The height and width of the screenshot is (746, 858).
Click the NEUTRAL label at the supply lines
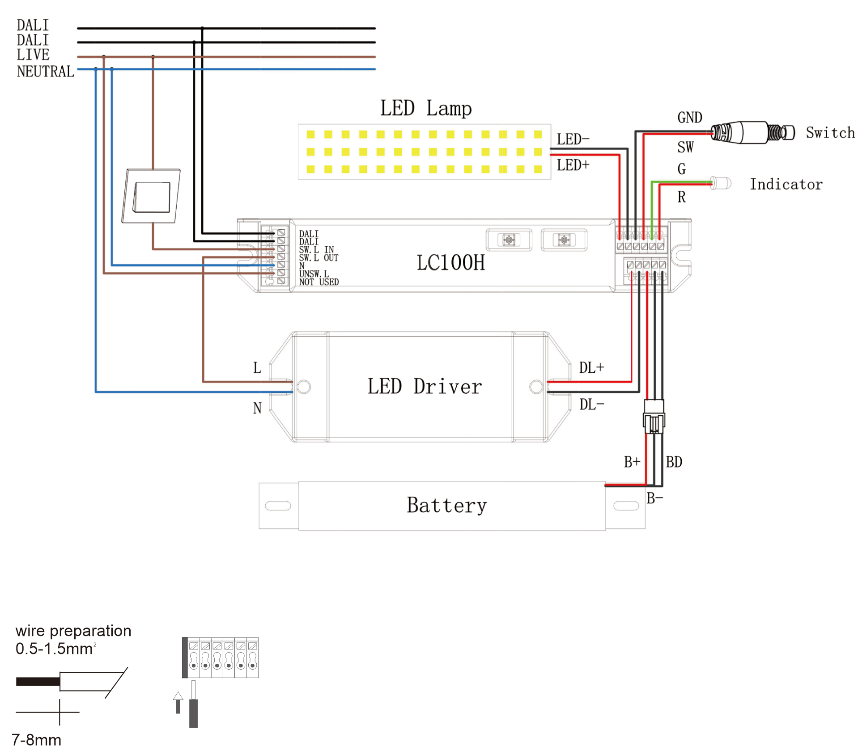(45, 72)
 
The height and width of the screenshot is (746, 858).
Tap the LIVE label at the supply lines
(33, 55)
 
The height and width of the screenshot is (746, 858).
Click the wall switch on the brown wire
(151, 196)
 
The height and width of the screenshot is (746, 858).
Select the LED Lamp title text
(426, 109)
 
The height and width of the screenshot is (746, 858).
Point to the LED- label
(573, 139)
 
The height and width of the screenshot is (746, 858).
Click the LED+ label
(573, 165)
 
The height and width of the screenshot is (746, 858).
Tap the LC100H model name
(450, 263)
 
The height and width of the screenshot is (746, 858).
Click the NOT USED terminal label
(319, 282)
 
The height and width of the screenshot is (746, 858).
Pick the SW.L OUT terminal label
(319, 258)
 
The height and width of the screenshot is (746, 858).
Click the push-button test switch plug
(752, 132)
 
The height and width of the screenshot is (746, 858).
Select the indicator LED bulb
(721, 183)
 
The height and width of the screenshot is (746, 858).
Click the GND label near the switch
(690, 118)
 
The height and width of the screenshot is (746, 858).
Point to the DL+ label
(591, 368)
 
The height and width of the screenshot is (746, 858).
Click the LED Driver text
(425, 387)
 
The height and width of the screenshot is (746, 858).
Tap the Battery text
(446, 506)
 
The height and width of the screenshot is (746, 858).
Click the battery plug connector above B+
(654, 417)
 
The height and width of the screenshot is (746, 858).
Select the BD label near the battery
(674, 462)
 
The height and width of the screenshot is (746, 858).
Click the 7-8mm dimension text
(37, 739)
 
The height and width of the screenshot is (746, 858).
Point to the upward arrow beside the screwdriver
(178, 702)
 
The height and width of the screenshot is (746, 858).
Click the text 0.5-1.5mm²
(56, 649)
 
